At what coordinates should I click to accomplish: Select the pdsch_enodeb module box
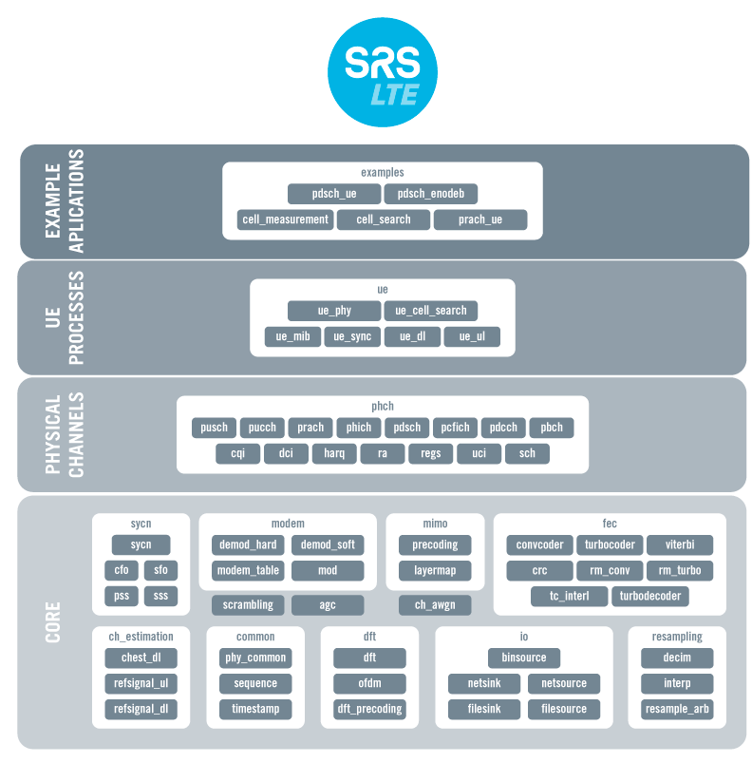(x=430, y=194)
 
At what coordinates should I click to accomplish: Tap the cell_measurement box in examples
(x=285, y=219)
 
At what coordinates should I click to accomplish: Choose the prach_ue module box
(x=479, y=219)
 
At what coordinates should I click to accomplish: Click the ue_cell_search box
(x=430, y=311)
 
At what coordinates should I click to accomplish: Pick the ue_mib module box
(x=292, y=336)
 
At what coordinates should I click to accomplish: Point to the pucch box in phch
(x=261, y=428)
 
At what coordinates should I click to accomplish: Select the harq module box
(x=334, y=453)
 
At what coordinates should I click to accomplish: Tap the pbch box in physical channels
(x=552, y=428)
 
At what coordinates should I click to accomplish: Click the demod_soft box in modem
(x=328, y=544)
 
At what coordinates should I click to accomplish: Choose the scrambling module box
(x=248, y=604)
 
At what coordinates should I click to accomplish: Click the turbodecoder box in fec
(x=650, y=597)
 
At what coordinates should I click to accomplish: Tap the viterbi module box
(x=679, y=544)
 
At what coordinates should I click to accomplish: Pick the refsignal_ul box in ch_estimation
(x=141, y=683)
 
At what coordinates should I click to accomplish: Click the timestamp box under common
(x=255, y=709)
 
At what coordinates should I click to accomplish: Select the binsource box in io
(x=524, y=658)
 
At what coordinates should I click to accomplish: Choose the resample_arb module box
(x=677, y=709)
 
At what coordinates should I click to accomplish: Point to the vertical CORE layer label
(x=53, y=621)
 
